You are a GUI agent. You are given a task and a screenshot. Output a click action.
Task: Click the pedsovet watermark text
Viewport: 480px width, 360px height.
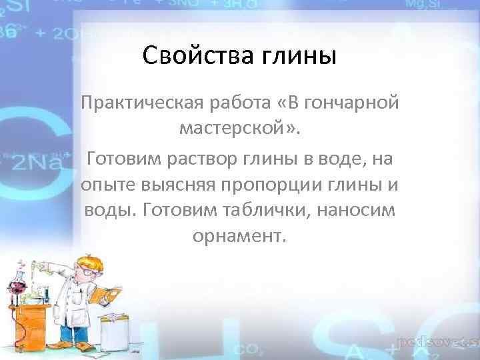437,343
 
